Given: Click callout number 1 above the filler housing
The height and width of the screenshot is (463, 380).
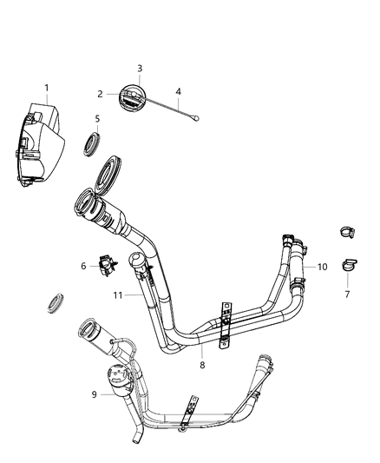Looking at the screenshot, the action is coord(47,88).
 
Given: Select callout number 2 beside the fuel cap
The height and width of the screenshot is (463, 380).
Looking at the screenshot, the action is coord(101,94).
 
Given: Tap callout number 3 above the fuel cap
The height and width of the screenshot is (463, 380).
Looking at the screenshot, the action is coord(140,69).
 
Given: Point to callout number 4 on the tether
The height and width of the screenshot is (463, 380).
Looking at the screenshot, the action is coord(178,91).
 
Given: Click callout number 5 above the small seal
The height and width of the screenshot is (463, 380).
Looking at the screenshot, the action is coord(97,119).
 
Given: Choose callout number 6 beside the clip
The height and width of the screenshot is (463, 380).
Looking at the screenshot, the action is coord(83,266).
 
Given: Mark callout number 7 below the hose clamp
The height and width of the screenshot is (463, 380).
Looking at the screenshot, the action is coord(347,294).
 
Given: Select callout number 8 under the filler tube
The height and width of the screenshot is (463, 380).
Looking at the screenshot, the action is coord(202,365).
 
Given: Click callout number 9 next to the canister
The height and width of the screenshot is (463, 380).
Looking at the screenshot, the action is coord(94,394).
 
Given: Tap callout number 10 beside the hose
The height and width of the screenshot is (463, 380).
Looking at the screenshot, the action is coord(323,267).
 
